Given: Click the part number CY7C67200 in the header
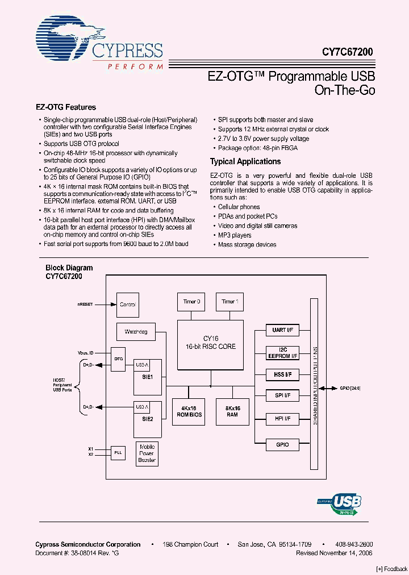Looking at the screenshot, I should [348, 52].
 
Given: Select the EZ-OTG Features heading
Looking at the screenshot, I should [66, 107].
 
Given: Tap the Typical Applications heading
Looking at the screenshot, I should [245, 161].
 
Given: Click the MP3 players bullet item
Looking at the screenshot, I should [235, 235].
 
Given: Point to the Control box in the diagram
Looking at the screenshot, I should [128, 305].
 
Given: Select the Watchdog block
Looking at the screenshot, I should [136, 331].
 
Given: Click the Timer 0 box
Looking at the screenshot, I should [191, 302].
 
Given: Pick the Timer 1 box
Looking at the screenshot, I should [229, 302].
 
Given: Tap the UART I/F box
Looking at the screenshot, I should [282, 330].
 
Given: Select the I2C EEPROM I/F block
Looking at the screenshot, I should [282, 352].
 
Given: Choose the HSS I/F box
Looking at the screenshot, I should [282, 374].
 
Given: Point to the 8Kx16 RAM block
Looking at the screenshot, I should [232, 411].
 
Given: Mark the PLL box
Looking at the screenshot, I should [118, 452].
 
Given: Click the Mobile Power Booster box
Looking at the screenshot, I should [147, 453].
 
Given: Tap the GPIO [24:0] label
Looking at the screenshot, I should [350, 389].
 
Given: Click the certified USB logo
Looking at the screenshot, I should [340, 502].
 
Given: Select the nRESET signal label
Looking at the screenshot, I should [85, 305].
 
